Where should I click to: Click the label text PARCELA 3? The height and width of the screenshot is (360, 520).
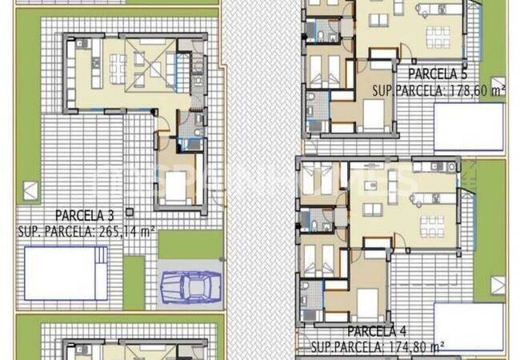coord(85,214)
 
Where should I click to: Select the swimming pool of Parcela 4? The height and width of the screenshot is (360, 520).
coord(469,315)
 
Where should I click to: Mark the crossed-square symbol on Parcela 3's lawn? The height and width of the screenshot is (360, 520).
coord(30,191)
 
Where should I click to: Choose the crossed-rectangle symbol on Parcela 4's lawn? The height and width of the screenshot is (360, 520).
coord(498,285)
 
